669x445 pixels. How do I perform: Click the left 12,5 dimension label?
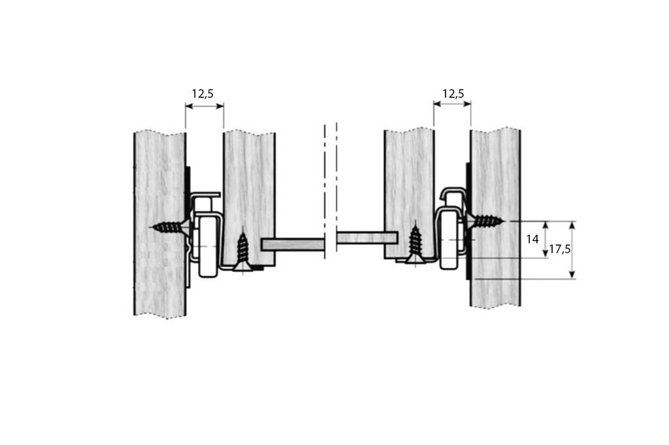(x=203, y=93)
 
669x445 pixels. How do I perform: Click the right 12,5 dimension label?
(x=453, y=93)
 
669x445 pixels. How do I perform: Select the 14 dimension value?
(x=533, y=239)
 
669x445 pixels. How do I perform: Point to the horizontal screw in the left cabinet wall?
(x=170, y=227)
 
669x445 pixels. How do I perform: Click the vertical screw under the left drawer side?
(x=243, y=251)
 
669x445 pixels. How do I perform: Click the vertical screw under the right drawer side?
(x=415, y=244)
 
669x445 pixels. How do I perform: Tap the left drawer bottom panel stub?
(x=293, y=244)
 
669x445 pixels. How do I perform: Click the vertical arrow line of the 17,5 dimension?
(x=573, y=250)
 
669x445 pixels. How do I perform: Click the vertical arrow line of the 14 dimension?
(x=546, y=239)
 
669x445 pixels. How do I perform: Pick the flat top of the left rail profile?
(x=206, y=195)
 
